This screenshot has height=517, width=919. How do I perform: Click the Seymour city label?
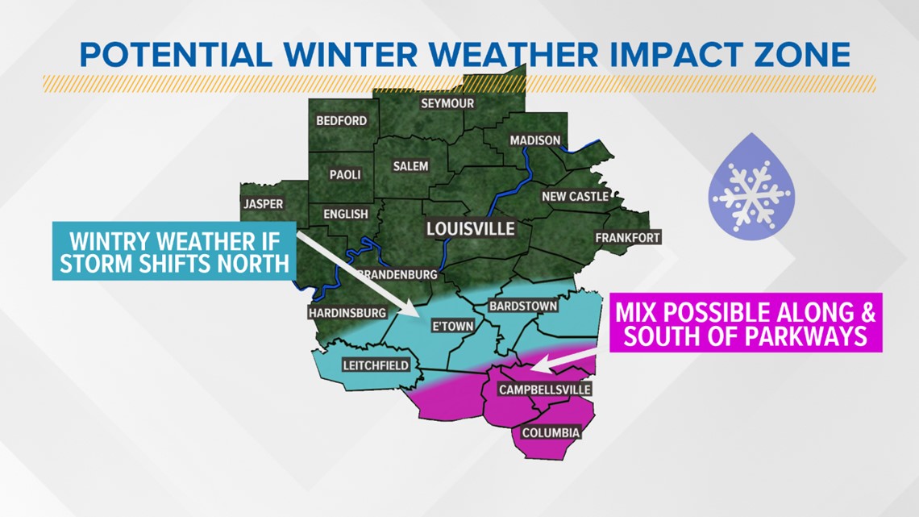pyautogui.click(x=447, y=103)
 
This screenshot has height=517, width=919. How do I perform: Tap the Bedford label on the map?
pyautogui.click(x=341, y=120)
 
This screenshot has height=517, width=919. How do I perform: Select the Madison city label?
pyautogui.click(x=534, y=140)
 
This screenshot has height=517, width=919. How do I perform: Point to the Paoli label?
pyautogui.click(x=346, y=174)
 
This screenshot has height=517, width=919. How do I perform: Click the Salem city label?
pyautogui.click(x=410, y=166)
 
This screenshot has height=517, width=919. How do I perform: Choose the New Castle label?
pyautogui.click(x=575, y=196)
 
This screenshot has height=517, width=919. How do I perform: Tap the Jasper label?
pyautogui.click(x=264, y=204)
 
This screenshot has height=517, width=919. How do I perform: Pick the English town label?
pyautogui.click(x=345, y=214)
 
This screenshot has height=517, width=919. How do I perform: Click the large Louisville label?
pyautogui.click(x=470, y=229)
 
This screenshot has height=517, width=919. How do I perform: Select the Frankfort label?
pyautogui.click(x=627, y=237)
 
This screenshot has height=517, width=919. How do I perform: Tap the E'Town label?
pyautogui.click(x=452, y=326)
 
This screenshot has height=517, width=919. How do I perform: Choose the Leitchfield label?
pyautogui.click(x=376, y=365)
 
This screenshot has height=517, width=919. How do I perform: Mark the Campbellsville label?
pyautogui.click(x=545, y=390)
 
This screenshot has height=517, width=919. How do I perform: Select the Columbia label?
pyautogui.click(x=551, y=433)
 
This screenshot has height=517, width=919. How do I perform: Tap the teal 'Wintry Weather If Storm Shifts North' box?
pyautogui.click(x=171, y=251)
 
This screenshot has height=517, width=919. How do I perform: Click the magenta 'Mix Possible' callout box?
pyautogui.click(x=746, y=323)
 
